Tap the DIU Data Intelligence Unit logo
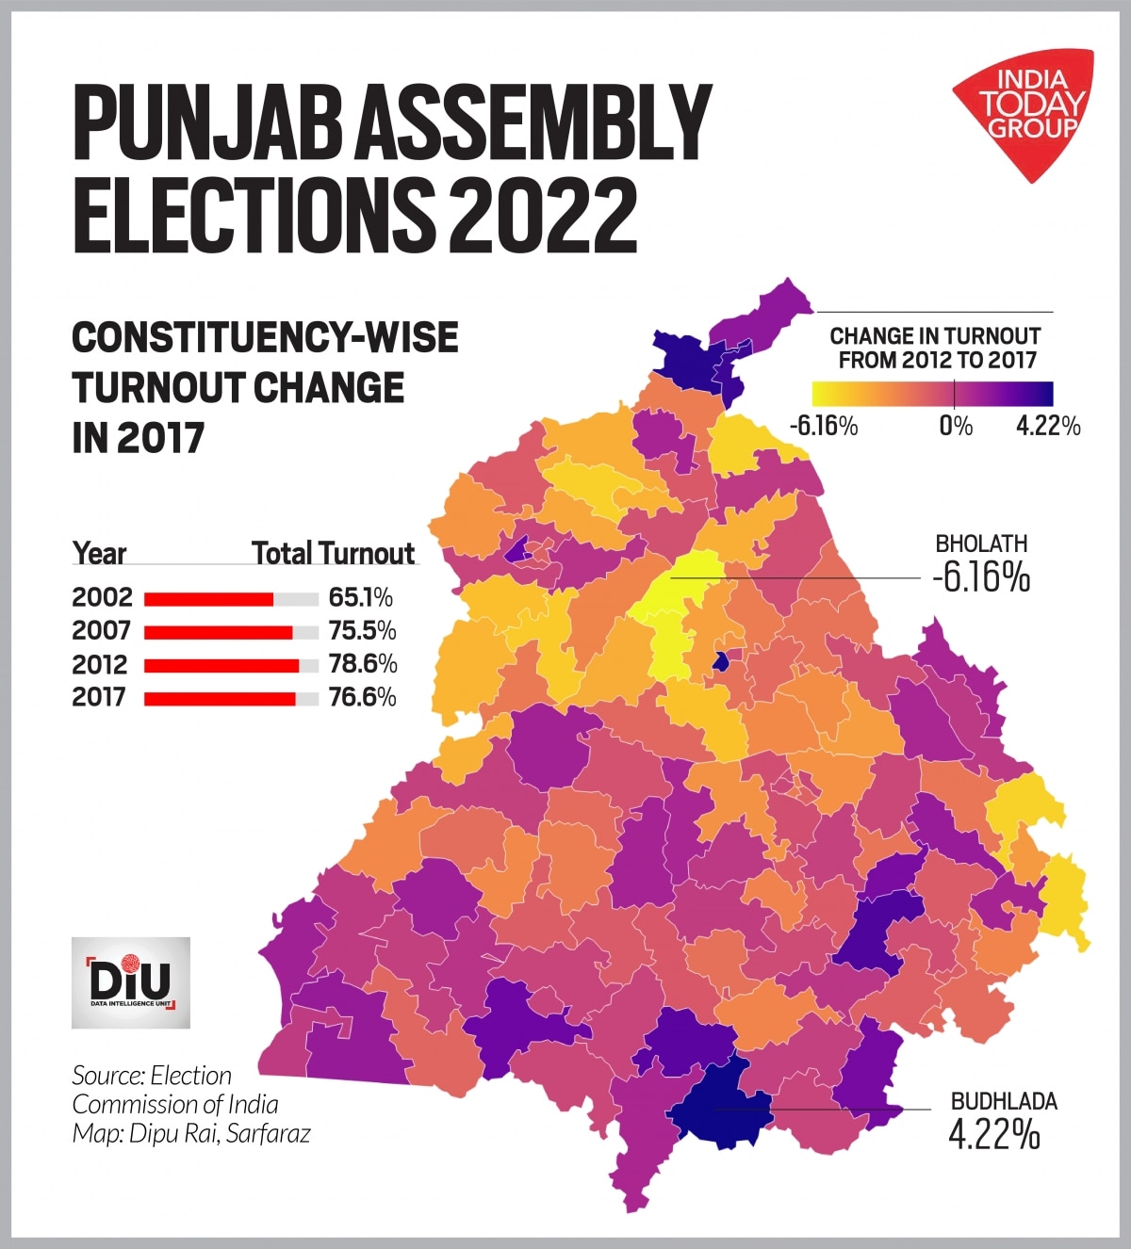coord(131,982)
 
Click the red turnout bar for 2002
coord(208,599)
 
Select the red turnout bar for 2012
coord(221,665)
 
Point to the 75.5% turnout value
coord(362,631)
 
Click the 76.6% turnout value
coord(362,698)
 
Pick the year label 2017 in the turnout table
coord(99,698)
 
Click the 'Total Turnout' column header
coord(333,554)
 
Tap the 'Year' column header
coord(99,554)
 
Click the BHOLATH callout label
coord(980,543)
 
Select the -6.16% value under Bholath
coord(980,577)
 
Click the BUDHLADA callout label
coord(1003,1101)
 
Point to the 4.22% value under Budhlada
coord(993,1135)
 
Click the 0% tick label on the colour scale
coord(955,427)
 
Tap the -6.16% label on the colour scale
coord(823,427)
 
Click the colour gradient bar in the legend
coord(932,393)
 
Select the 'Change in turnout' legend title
coord(935,348)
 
